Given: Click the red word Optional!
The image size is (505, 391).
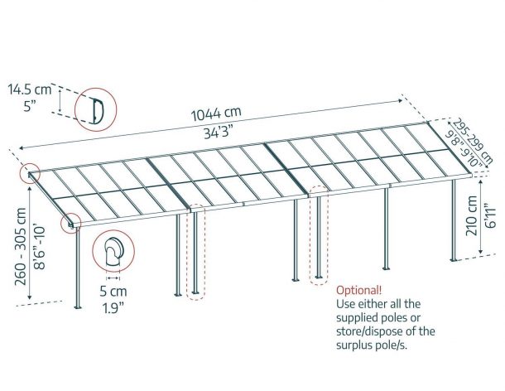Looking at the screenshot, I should point(359,291).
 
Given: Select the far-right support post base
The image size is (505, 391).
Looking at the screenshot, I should point(454,258).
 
